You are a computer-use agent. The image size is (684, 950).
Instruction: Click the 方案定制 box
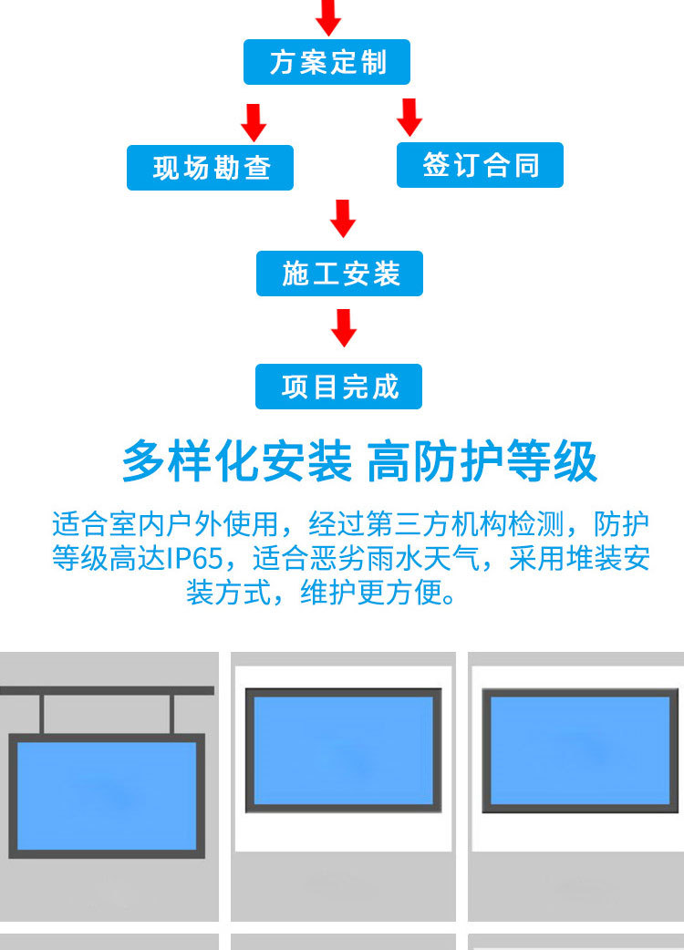click(x=326, y=62)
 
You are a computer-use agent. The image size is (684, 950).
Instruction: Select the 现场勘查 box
click(x=210, y=168)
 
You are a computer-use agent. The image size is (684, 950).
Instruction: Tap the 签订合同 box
click(x=480, y=165)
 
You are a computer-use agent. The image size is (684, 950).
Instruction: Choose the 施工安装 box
click(x=339, y=274)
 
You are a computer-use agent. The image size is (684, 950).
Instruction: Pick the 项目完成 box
click(x=339, y=387)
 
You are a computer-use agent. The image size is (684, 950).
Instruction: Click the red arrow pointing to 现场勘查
click(x=254, y=122)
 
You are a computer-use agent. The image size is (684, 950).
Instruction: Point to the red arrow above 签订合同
click(x=409, y=117)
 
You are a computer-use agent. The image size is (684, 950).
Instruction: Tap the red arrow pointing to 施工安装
click(x=343, y=219)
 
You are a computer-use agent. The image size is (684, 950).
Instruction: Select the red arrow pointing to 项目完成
click(x=343, y=327)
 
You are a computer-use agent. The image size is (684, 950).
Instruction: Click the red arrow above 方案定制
click(x=328, y=16)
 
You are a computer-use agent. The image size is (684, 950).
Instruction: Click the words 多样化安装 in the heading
click(x=236, y=461)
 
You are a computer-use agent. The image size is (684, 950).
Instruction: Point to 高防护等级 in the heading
click(x=482, y=461)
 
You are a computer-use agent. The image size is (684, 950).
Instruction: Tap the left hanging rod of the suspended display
click(x=42, y=714)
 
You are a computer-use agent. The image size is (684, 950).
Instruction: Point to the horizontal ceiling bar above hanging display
click(x=107, y=691)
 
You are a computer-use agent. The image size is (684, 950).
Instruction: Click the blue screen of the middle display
click(x=342, y=749)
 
